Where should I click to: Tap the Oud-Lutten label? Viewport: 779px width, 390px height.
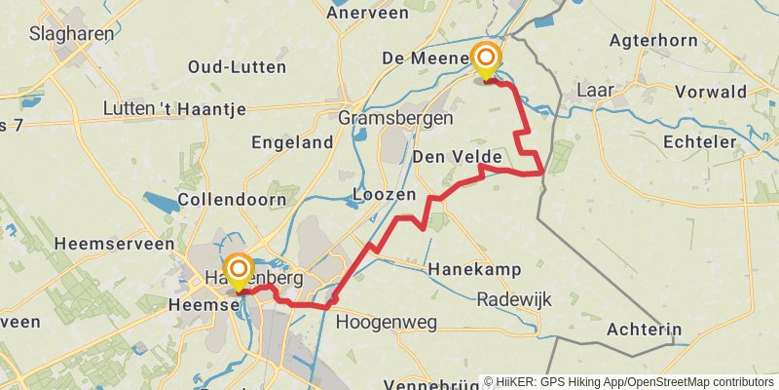coord(238,67)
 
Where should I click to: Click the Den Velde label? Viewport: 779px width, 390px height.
coord(457,157)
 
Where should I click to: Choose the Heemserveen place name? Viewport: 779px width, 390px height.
coord(115,244)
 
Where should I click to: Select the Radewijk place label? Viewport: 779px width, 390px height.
coord(514,300)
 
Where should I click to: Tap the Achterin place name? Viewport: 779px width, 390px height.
coord(644,330)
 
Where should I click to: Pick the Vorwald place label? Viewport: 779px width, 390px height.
coord(717,92)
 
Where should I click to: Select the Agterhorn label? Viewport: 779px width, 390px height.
coord(655,41)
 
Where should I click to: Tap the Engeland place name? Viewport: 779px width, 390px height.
coord(292,142)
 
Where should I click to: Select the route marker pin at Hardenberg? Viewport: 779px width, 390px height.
coord(239,271)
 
